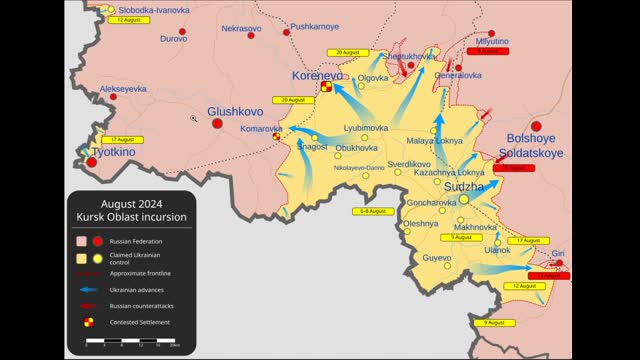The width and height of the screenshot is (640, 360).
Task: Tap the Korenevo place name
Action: pyautogui.click(x=316, y=75)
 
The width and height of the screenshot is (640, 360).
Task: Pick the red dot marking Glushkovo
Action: pyautogui.click(x=217, y=123)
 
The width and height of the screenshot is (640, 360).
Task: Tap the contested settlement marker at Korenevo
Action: pyautogui.click(x=326, y=88)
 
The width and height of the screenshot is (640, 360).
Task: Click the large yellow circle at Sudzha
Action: pyautogui.click(x=464, y=200)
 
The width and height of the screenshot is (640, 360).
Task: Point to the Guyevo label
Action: pyautogui.click(x=437, y=258)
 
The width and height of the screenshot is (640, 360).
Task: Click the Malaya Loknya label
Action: pyautogui.click(x=434, y=141)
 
